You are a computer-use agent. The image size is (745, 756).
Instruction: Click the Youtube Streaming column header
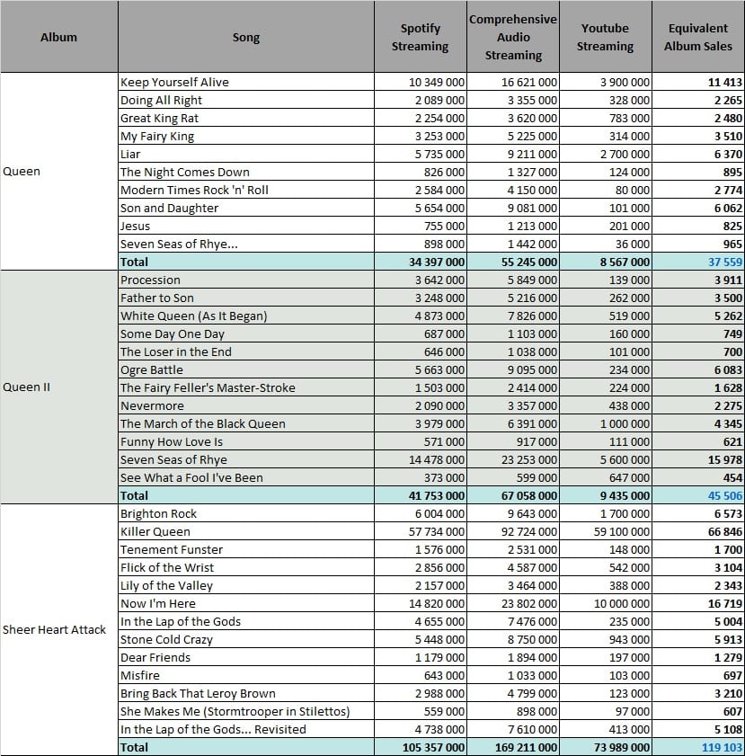point(605,37)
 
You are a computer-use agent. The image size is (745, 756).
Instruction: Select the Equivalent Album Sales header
point(697,37)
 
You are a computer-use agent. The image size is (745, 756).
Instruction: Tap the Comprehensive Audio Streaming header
point(513,37)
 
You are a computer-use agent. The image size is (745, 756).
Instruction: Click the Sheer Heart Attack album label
point(54,629)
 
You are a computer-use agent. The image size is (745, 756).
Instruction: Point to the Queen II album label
point(26,387)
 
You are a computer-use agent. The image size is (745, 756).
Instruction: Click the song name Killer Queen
point(155,531)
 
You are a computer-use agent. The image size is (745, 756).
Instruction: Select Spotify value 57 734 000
point(437,531)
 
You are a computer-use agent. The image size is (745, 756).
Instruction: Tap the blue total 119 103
point(722,747)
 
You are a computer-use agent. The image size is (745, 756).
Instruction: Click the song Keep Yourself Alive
point(174,82)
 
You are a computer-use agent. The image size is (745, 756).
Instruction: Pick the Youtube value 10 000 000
point(622,603)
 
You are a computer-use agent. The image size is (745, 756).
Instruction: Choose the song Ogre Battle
point(152,369)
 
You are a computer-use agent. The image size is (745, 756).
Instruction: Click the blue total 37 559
point(725,262)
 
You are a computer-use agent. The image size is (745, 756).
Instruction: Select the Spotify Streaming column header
point(421,37)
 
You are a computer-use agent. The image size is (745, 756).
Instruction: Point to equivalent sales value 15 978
point(725,459)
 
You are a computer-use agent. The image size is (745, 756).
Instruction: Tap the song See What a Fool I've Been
point(191,477)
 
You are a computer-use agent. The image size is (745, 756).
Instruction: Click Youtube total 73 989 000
point(622,747)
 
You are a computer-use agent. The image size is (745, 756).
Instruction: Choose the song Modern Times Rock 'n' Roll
point(194,190)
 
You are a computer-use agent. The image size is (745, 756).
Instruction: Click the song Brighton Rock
point(158,513)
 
